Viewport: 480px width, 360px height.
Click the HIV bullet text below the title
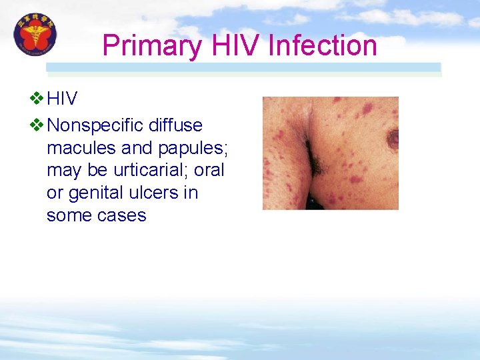(x=62, y=99)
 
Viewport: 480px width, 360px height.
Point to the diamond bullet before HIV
(x=37, y=99)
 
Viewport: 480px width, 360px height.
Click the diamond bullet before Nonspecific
(x=37, y=125)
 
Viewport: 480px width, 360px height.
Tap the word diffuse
(x=176, y=125)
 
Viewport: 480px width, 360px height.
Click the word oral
(x=209, y=171)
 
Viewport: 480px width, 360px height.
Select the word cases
(x=121, y=215)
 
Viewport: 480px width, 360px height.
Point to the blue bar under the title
(x=243, y=67)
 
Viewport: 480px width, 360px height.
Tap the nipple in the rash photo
(x=393, y=138)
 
